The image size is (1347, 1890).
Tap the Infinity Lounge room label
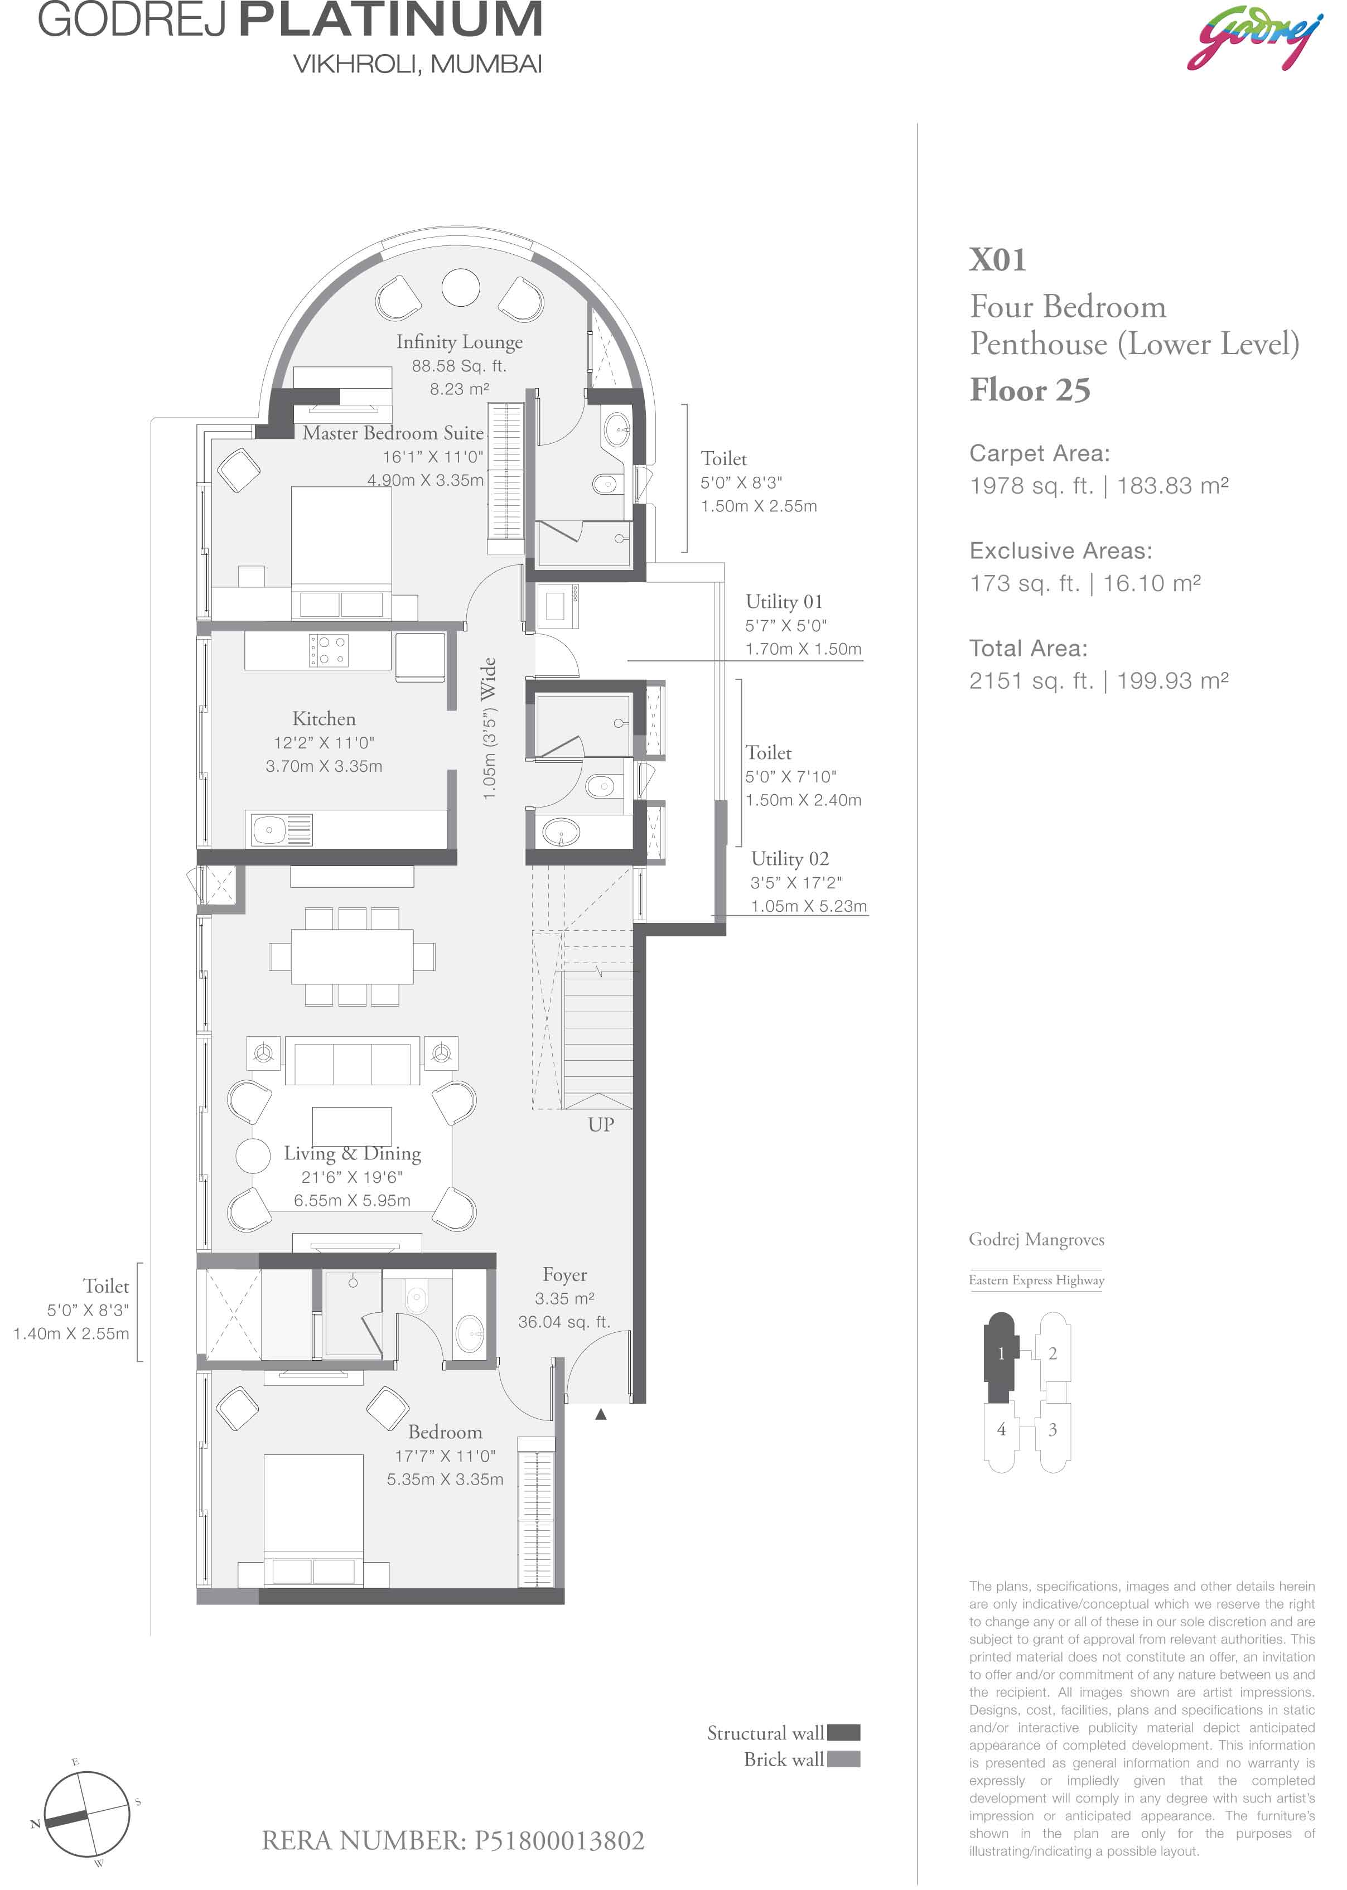[x=460, y=342]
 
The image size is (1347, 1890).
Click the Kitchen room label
[x=324, y=719]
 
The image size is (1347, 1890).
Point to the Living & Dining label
[x=353, y=1153]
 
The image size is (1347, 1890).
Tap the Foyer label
[x=565, y=1275]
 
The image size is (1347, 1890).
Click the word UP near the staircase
[x=601, y=1124]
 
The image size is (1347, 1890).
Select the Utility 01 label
[x=784, y=601]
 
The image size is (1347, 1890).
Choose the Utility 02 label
[x=790, y=858]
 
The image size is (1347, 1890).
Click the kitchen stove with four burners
[x=329, y=650]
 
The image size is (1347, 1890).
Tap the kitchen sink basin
[x=271, y=829]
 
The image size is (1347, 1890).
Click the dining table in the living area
[x=352, y=956]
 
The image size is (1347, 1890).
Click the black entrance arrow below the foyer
[x=601, y=1414]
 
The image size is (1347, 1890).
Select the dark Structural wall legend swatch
[x=843, y=1732]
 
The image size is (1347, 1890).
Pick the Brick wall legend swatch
[x=843, y=1759]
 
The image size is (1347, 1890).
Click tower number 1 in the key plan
[x=1001, y=1354]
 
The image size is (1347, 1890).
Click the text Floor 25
[x=1030, y=390]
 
